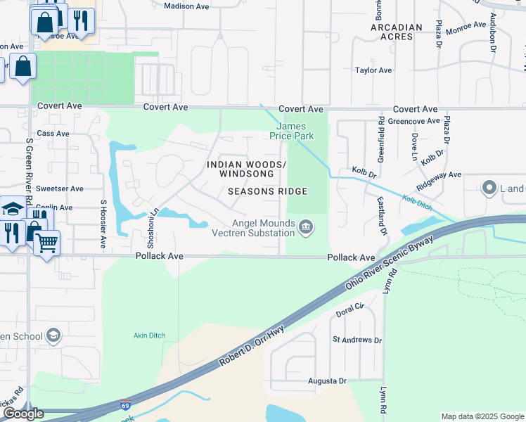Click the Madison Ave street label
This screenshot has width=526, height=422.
point(187,6)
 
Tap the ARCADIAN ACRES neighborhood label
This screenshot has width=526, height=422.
point(397,32)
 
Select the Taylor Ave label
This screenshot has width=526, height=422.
point(373,70)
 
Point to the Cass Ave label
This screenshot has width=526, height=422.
point(53,133)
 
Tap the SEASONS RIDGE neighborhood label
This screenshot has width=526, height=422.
point(267,191)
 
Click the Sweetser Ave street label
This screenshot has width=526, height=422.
point(60,188)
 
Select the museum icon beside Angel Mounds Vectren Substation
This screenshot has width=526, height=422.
point(306,226)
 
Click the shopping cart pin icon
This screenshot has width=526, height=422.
point(46,243)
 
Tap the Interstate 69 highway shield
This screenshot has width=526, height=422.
point(125,405)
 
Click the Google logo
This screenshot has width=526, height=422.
point(23,414)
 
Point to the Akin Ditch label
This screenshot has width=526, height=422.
point(149,335)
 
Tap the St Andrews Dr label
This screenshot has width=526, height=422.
point(357,340)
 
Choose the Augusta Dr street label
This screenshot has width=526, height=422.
point(328,381)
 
